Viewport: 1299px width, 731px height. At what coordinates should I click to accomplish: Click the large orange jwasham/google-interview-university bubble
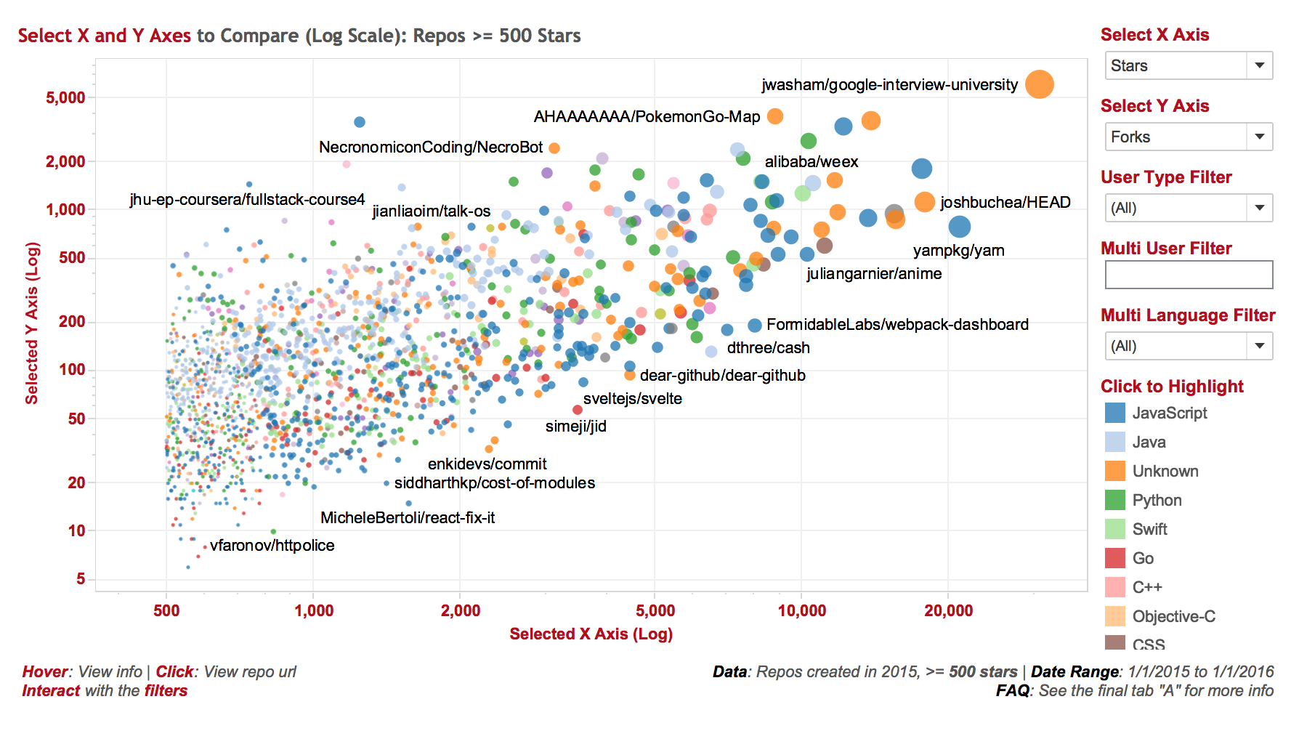[1039, 84]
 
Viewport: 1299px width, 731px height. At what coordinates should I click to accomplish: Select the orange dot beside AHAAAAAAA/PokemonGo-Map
[775, 116]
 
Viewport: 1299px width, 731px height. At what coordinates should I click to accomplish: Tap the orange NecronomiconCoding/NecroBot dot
[554, 148]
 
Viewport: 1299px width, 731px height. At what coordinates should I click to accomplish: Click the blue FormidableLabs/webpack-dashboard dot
[755, 326]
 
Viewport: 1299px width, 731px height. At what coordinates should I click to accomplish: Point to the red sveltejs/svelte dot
[578, 410]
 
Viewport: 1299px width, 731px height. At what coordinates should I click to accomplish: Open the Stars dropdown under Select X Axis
[1188, 65]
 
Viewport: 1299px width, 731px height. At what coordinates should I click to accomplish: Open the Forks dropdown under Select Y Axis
[1188, 137]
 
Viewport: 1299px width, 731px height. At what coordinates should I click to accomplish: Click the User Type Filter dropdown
[1188, 208]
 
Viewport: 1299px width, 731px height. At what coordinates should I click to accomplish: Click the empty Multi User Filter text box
[1188, 275]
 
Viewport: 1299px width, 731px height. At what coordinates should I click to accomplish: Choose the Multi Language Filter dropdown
[1188, 346]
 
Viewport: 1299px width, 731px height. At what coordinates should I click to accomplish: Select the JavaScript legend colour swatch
[1114, 413]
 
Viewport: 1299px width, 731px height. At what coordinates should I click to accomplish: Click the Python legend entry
[1157, 500]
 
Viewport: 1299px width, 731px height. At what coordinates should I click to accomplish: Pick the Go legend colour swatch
[1114, 558]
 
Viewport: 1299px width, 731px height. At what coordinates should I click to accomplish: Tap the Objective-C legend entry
[1173, 616]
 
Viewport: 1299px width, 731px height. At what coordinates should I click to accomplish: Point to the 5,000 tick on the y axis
[65, 97]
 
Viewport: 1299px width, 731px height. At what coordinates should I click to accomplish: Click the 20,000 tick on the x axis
[948, 610]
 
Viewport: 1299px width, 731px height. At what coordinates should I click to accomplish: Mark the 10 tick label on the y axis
[76, 530]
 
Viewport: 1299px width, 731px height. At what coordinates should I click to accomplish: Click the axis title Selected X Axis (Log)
[591, 634]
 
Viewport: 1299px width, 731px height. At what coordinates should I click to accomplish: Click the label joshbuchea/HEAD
[1005, 202]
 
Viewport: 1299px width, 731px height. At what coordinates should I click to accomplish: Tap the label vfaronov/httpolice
[272, 545]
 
